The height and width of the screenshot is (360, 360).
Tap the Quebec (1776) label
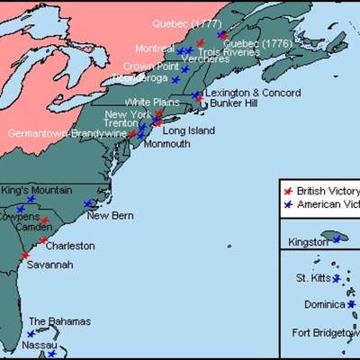[247, 42]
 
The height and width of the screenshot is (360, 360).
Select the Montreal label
[154, 48]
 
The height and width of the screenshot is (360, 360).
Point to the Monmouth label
[166, 144]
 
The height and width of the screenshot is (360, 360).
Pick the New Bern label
[110, 215]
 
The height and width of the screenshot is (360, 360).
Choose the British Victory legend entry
[328, 191]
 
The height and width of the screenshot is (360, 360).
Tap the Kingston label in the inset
[308, 243]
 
